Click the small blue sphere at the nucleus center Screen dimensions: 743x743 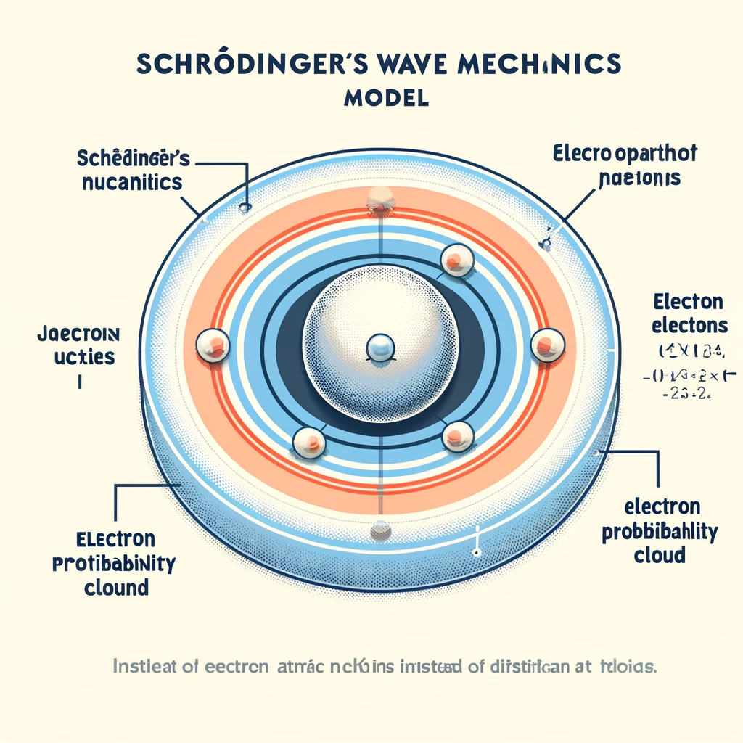click(379, 348)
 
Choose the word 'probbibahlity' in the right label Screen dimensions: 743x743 click(660, 533)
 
